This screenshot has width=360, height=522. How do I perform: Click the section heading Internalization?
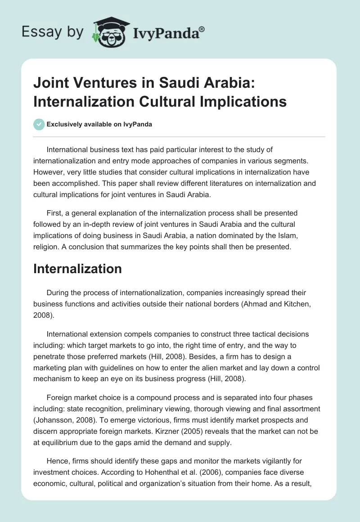coord(77,269)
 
